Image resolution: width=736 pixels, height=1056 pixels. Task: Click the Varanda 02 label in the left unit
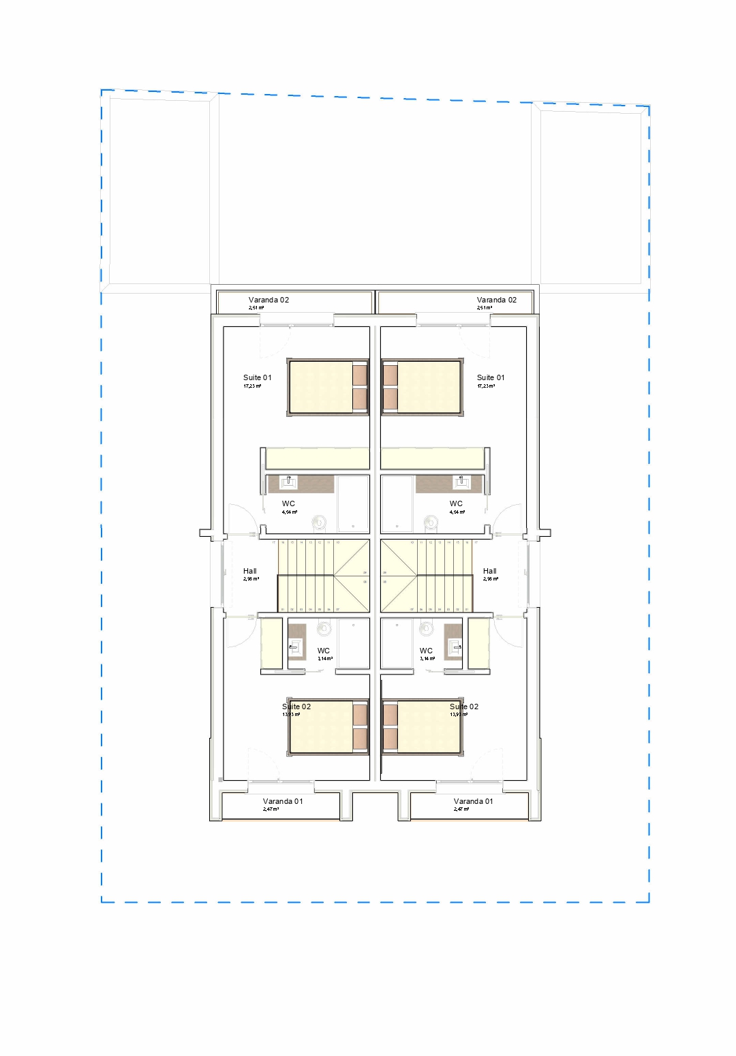coord(269,300)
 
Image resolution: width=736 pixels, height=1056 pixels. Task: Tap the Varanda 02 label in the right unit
coord(496,300)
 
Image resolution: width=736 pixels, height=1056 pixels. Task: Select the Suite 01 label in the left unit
coord(257,377)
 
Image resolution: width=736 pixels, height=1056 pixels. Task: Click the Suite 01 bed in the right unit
coord(422,387)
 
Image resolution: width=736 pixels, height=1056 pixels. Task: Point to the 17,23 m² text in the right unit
coord(486,386)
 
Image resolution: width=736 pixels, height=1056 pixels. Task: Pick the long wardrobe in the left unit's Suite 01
coord(317,459)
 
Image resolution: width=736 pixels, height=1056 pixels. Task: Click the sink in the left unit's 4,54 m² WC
coord(289,482)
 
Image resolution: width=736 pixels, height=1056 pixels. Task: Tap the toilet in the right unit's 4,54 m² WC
coord(430,523)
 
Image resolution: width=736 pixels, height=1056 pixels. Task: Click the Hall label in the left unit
coord(250,571)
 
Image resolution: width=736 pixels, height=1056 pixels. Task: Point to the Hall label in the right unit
coord(489,571)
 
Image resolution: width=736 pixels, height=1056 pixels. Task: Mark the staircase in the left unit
coord(323,576)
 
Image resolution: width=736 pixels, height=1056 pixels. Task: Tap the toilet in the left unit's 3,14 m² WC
coord(324,627)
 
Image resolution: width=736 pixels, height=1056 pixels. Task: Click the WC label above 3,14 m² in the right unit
coord(426,651)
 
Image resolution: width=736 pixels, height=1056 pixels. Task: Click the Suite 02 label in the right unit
coord(464,706)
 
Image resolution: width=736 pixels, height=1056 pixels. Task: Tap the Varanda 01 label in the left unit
coord(283,801)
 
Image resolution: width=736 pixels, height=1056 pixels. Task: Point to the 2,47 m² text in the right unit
coord(461,809)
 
